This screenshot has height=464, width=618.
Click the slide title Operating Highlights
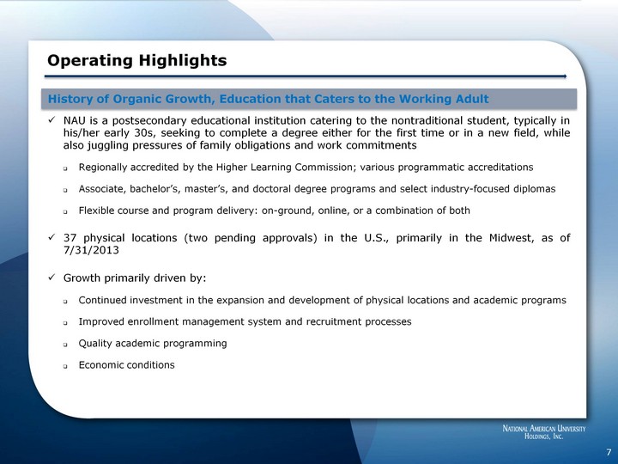click(137, 61)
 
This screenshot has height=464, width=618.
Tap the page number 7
click(609, 452)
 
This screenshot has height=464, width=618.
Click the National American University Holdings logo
click(544, 432)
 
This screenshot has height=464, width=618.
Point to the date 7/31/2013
click(91, 250)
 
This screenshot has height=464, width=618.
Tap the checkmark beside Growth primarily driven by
click(51, 278)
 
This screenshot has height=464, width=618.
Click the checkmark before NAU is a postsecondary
click(51, 119)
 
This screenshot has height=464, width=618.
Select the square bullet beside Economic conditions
click(65, 366)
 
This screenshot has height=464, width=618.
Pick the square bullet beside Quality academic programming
click(65, 345)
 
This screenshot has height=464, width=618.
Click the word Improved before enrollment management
click(101, 321)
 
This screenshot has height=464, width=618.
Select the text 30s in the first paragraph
click(148, 132)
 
